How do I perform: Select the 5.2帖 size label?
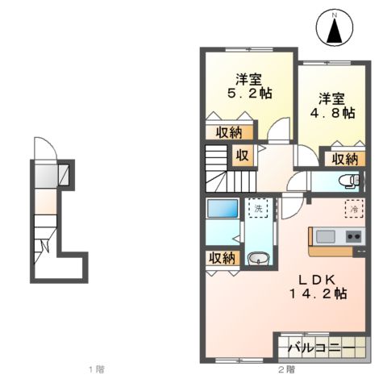tap(248, 94)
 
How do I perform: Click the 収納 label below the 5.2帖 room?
tap(228, 131)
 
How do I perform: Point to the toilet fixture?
tap(347, 180)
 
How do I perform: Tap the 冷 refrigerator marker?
tap(353, 208)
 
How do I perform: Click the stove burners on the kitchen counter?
tap(353, 237)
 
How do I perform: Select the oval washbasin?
tap(258, 259)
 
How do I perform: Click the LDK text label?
tap(320, 279)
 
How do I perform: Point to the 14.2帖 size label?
tap(320, 294)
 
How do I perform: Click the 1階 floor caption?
tap(96, 370)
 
